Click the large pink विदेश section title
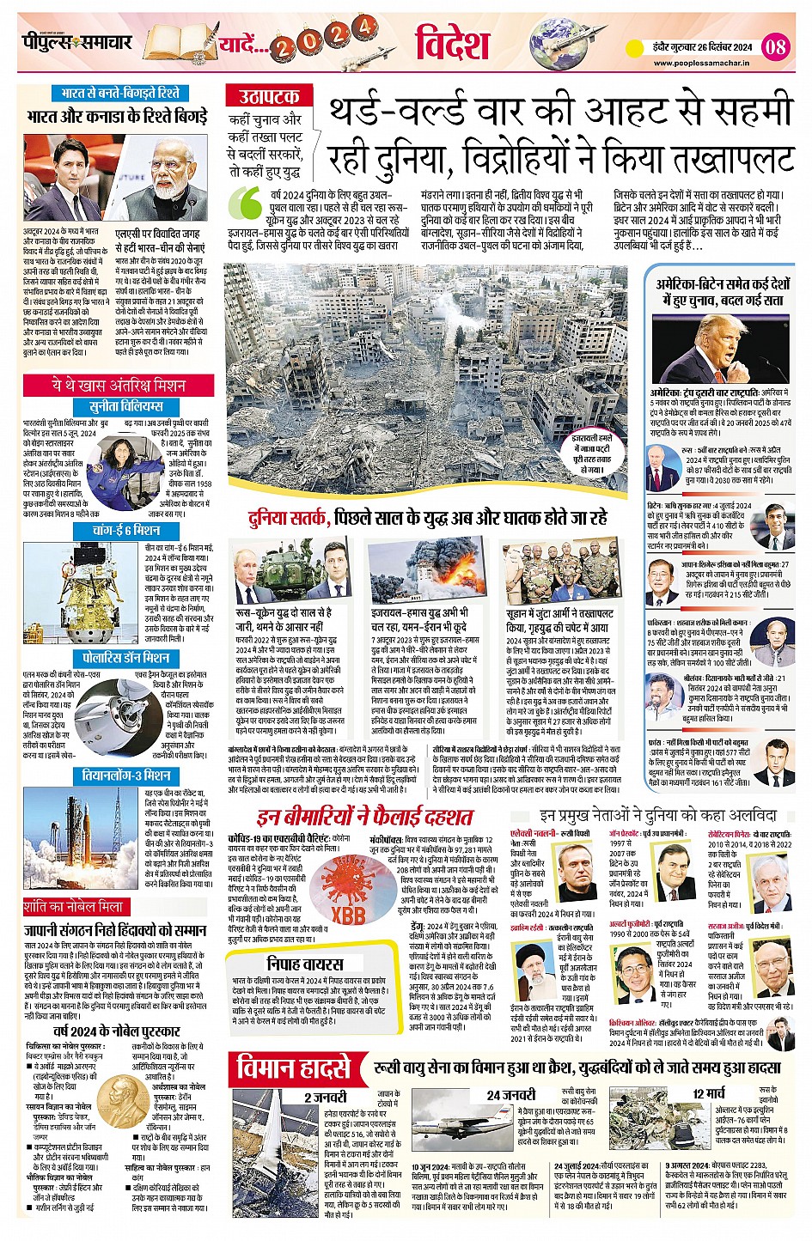452,43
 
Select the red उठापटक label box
269,96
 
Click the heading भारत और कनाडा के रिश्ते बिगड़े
117,116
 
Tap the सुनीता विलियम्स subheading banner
126,406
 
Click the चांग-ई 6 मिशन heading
126,531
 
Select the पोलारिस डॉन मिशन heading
125,658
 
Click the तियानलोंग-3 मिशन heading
125,775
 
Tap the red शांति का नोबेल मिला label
75,906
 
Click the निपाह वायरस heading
304,964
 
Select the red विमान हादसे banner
294,1069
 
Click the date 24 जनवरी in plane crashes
510,1095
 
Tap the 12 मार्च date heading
708,1093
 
